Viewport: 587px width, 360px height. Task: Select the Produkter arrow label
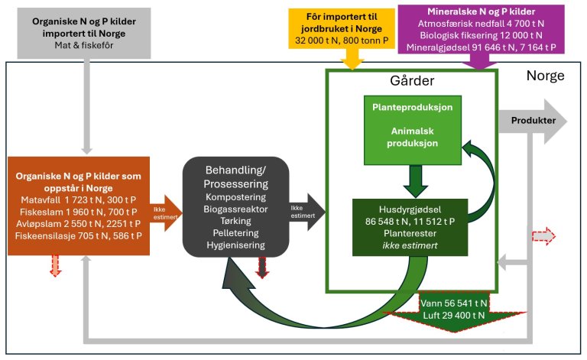click(x=527, y=120)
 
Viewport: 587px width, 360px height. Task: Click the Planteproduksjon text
click(x=413, y=108)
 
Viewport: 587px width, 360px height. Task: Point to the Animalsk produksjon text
click(x=413, y=137)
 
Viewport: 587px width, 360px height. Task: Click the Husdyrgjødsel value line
click(x=410, y=221)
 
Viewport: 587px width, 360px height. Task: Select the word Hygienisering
click(x=236, y=245)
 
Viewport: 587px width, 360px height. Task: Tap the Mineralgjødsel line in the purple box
click(x=482, y=47)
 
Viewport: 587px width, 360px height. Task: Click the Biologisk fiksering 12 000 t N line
click(x=482, y=35)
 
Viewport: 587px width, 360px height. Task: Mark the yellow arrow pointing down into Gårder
click(x=353, y=57)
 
